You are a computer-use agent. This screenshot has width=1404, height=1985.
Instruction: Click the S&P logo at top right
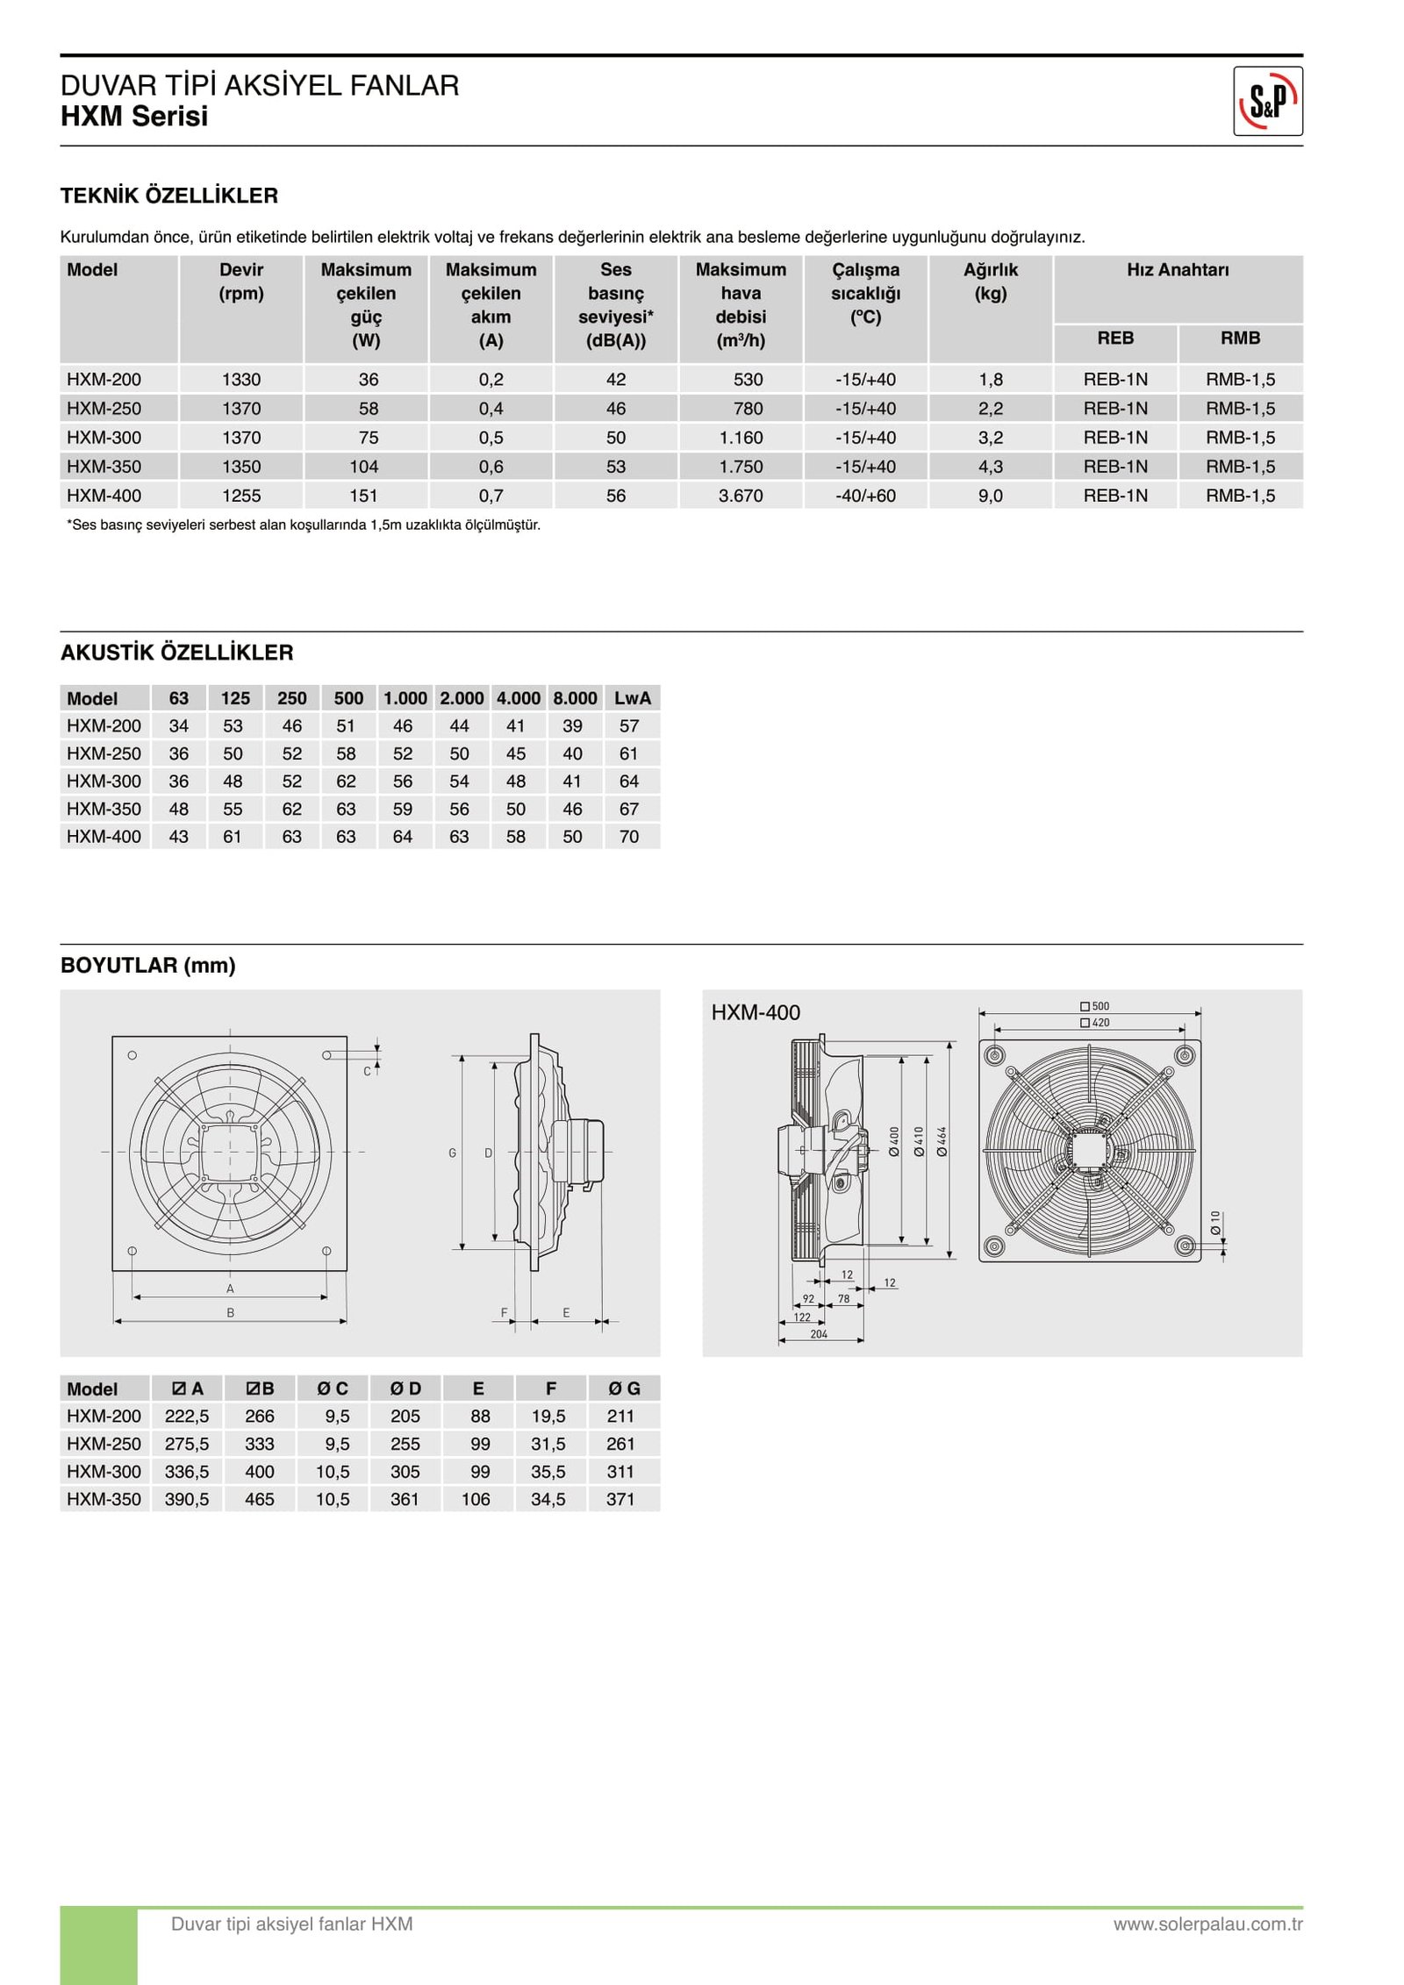1267,101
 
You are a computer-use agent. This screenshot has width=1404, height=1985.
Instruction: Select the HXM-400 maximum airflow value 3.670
741,496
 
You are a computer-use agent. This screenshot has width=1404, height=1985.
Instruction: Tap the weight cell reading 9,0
990,496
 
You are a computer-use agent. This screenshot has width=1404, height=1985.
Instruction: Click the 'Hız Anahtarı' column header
1177,270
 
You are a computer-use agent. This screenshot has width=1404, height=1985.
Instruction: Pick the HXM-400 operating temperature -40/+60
865,496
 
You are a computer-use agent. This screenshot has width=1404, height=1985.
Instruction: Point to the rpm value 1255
241,496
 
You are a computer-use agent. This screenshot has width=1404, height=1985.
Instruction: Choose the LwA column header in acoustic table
632,698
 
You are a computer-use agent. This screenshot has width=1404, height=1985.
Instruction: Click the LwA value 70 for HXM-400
629,837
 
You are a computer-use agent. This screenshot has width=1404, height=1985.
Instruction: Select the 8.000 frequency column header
575,698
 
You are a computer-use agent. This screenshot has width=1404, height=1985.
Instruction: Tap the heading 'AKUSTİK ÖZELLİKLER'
176,653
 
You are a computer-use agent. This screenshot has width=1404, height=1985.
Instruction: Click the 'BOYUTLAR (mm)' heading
147,965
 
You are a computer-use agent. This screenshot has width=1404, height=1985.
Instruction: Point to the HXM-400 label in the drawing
755,1012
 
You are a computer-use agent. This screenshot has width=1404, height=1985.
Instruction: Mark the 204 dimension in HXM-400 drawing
819,1334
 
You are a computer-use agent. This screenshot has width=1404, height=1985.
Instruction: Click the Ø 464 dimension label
942,1141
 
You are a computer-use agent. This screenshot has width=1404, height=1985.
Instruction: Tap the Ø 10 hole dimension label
1215,1222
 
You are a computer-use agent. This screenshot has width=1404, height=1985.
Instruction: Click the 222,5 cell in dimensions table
187,1416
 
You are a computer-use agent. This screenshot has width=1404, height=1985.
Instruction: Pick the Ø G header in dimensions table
625,1389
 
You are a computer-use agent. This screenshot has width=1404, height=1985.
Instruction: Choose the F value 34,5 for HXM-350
548,1499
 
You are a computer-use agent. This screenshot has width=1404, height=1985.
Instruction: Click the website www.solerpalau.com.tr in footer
1207,1924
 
